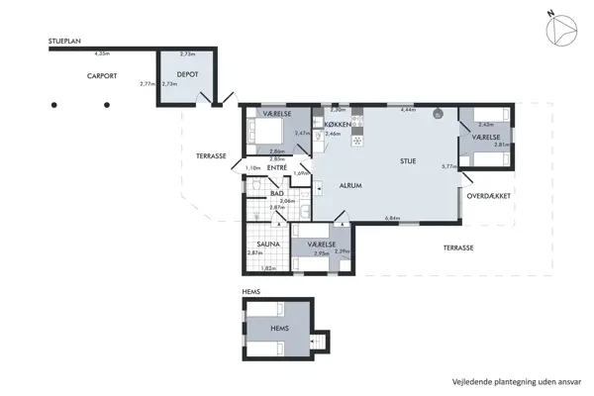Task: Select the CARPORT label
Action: coord(103,76)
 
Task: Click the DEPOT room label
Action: coord(189,74)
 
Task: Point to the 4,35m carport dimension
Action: coord(101,53)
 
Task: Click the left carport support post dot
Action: coord(55,104)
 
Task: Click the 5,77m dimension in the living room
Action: coord(448,166)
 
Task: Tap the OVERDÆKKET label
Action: coord(489,197)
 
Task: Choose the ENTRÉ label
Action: coord(277,168)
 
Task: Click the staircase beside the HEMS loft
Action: coord(318,342)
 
